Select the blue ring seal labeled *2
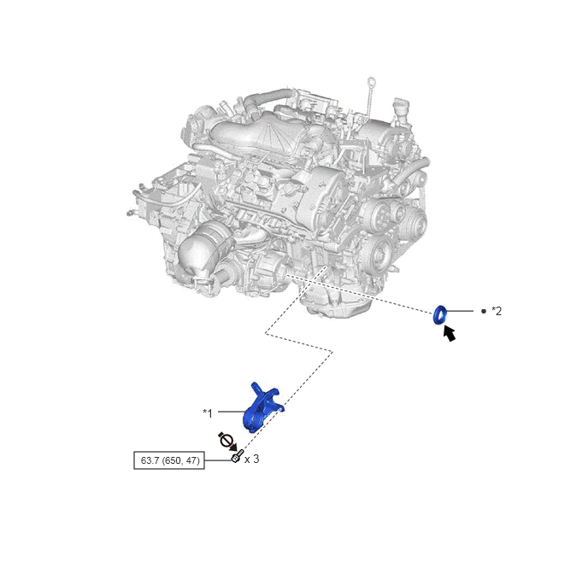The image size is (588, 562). [440, 314]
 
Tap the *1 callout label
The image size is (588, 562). [208, 413]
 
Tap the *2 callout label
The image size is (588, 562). [497, 311]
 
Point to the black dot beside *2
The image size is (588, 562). [484, 311]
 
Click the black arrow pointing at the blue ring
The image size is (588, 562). [450, 333]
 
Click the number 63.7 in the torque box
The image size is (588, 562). [150, 460]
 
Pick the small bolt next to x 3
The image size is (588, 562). [236, 457]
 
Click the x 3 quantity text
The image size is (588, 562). [251, 459]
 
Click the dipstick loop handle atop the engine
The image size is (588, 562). [371, 81]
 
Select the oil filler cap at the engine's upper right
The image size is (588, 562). [400, 107]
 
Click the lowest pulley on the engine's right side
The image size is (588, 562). [377, 255]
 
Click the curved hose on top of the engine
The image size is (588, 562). [267, 97]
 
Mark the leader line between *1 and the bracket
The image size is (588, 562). [232, 412]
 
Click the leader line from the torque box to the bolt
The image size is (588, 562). [219, 460]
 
